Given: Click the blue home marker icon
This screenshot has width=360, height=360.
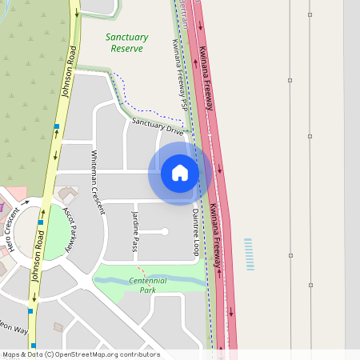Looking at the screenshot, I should (179, 173).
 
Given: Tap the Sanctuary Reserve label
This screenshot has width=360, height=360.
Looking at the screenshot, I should (126, 42).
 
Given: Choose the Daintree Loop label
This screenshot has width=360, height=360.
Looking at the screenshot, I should (196, 232).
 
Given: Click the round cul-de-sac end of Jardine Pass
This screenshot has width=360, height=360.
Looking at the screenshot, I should (165, 232).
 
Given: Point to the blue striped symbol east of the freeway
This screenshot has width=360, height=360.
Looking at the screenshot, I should (249, 254).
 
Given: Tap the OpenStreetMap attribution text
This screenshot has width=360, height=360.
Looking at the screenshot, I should (81, 354).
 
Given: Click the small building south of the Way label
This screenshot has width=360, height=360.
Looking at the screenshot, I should (57, 326).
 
